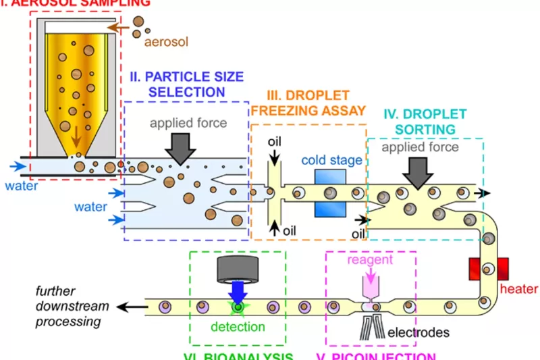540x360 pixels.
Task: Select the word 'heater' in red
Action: click(x=520, y=290)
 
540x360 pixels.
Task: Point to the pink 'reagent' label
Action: click(x=369, y=260)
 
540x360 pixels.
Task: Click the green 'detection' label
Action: click(x=238, y=327)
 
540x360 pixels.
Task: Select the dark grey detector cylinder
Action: click(x=238, y=269)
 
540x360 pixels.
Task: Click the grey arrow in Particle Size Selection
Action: click(x=180, y=144)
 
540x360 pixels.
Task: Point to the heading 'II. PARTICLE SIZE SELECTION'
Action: click(x=186, y=84)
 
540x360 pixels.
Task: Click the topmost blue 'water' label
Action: click(x=17, y=184)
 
